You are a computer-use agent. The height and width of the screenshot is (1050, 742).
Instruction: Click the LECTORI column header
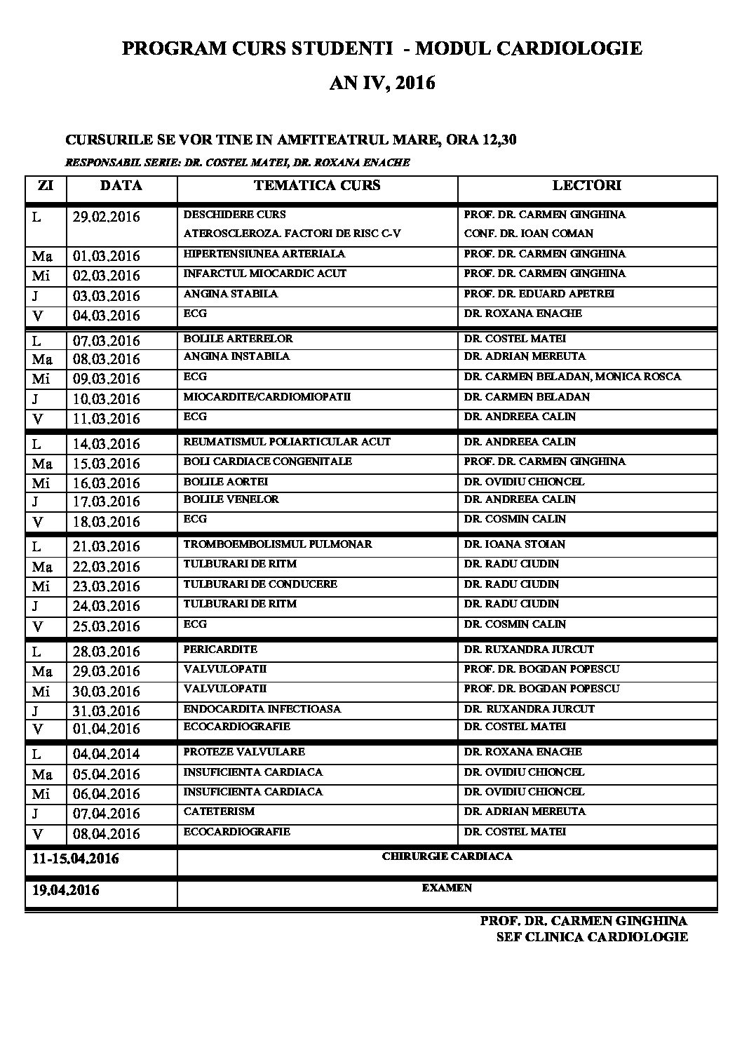click(586, 186)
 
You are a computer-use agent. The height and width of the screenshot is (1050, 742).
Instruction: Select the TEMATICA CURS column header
click(317, 186)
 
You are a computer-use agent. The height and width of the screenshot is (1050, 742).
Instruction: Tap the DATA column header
click(121, 186)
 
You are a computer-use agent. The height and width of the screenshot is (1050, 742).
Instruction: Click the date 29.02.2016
click(106, 217)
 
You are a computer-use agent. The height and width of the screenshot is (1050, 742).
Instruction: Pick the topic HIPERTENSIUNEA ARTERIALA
click(264, 254)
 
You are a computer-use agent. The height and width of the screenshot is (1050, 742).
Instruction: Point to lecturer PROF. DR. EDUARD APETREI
click(539, 294)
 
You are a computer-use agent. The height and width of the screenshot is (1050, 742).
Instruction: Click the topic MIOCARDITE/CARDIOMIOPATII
click(267, 397)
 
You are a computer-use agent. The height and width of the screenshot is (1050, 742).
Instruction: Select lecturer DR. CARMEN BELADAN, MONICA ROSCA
click(572, 377)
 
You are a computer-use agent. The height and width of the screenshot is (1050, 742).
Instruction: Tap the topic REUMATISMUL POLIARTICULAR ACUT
click(287, 442)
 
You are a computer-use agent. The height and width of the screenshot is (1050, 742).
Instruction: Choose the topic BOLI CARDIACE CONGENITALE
click(267, 462)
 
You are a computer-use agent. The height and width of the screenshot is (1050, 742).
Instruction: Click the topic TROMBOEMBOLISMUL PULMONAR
click(278, 544)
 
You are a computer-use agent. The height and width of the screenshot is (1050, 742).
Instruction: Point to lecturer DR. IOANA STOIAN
click(514, 544)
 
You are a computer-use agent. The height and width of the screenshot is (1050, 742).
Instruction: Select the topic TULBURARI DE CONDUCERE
click(260, 584)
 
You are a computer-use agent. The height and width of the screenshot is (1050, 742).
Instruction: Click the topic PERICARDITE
click(220, 649)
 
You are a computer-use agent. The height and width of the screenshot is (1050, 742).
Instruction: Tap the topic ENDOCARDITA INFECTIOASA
click(262, 709)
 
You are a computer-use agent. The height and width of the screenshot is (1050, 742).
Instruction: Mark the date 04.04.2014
click(106, 754)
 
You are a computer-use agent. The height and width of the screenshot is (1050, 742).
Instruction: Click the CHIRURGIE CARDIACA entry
click(447, 856)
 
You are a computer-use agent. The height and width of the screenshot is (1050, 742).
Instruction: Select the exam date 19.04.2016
click(66, 891)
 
